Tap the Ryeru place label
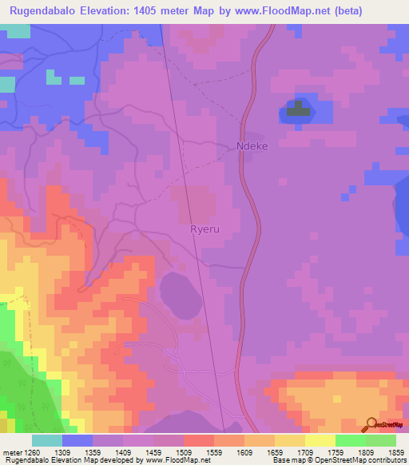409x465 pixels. click(x=204, y=229)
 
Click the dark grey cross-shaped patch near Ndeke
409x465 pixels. click(x=298, y=109)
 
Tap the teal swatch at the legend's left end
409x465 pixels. click(x=47, y=440)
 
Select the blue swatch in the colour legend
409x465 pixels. click(x=77, y=440)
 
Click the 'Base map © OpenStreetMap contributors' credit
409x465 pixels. click(x=338, y=460)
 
